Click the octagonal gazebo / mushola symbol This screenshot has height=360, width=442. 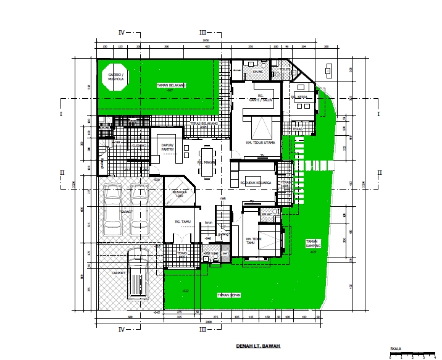pyautogui.click(x=115, y=77)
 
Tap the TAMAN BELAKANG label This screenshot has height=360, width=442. pyautogui.click(x=172, y=85)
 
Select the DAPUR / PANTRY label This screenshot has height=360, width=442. pyautogui.click(x=167, y=147)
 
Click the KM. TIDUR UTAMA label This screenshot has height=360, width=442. pyautogui.click(x=256, y=143)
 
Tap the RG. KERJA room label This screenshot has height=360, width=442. pyautogui.click(x=300, y=97)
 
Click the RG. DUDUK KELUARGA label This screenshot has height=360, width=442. pyautogui.click(x=256, y=183)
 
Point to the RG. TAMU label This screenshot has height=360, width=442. pyautogui.click(x=181, y=220)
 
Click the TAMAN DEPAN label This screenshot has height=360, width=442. pyautogui.click(x=228, y=295)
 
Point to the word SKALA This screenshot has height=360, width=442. pyautogui.click(x=396, y=349)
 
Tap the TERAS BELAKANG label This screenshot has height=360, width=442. pyautogui.click(x=204, y=123)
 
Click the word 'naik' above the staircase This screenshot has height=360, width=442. pyautogui.click(x=224, y=198)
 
